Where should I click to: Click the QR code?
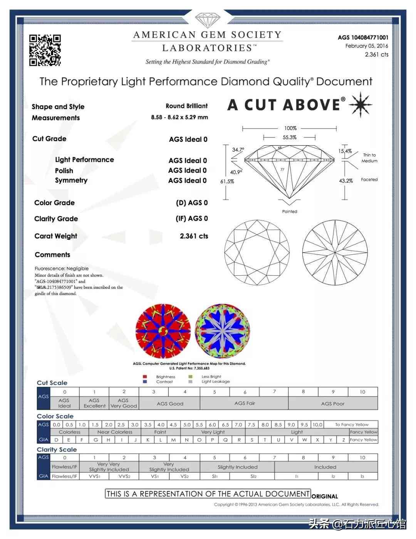tap(45, 50)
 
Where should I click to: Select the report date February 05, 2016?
tap(367, 46)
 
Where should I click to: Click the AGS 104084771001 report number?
tap(363, 37)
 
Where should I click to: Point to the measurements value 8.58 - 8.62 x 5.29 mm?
tap(179, 117)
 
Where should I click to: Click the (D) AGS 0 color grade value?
tap(192, 203)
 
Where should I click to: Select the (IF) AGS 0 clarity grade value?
tap(192, 219)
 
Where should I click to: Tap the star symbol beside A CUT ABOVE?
tap(360, 104)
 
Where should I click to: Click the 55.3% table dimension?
tap(290, 137)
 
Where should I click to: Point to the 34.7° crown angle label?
tap(238, 150)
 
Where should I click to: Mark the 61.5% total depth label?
tap(227, 181)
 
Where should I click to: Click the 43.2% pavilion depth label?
tap(346, 180)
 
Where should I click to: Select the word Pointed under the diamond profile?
tap(290, 211)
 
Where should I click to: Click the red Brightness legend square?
tap(145, 377)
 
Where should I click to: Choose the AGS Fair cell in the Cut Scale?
tap(245, 403)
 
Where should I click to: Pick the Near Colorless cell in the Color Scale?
tap(115, 432)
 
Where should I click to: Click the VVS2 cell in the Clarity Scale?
tap(124, 476)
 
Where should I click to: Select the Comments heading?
tap(52, 254)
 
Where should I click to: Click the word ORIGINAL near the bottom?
tap(325, 496)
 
